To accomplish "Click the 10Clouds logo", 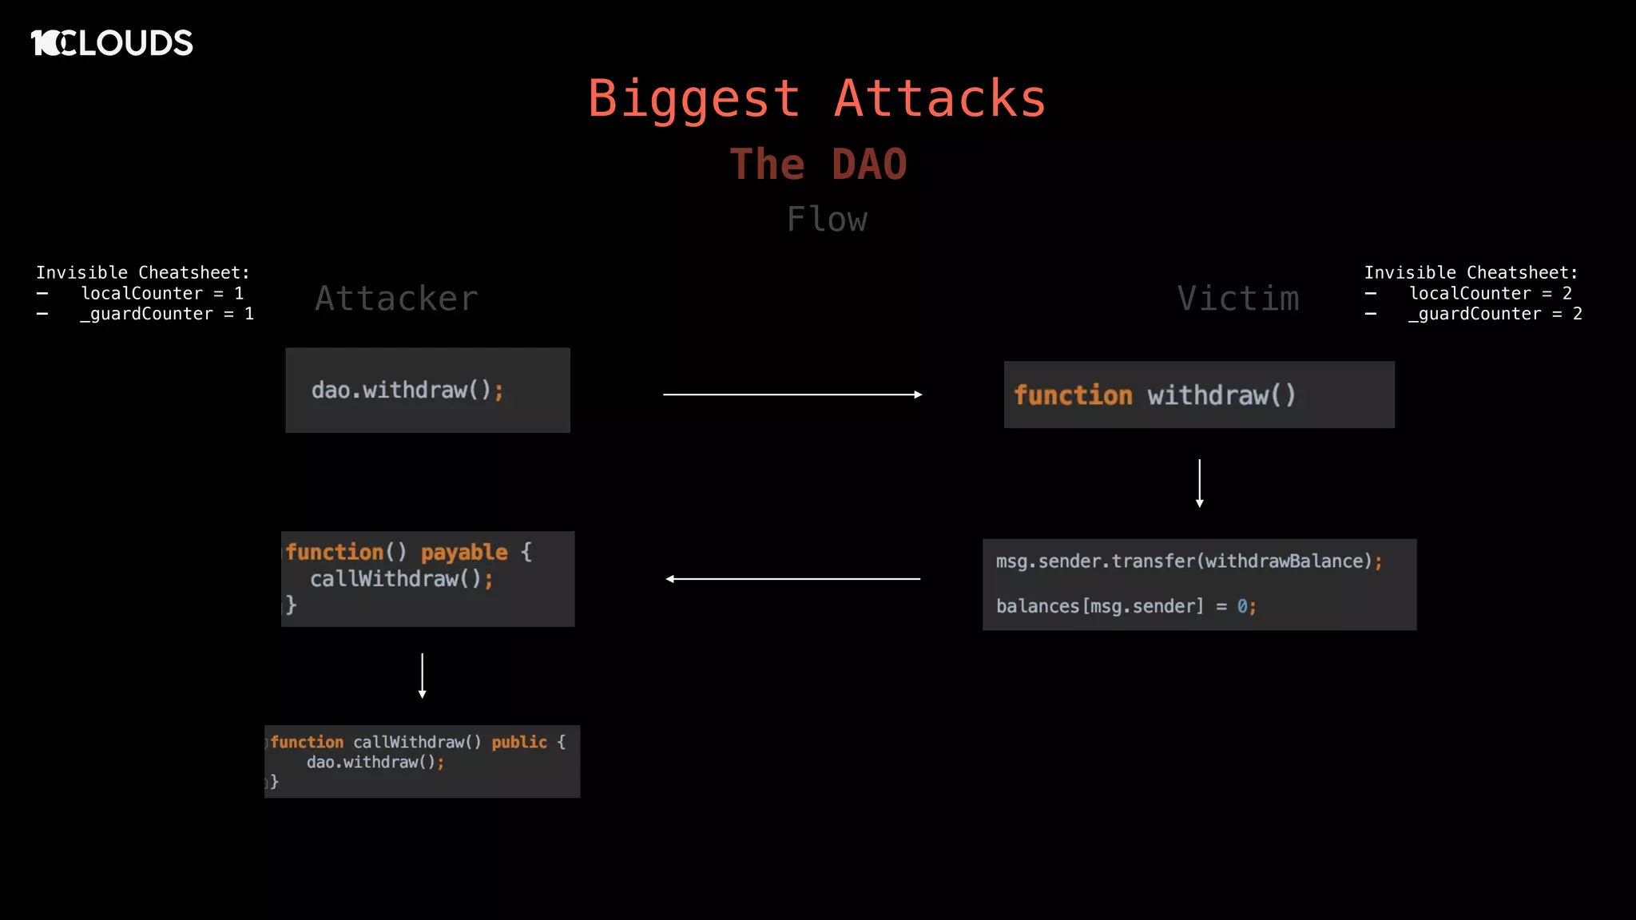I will pos(112,43).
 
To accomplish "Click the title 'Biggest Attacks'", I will pos(816,99).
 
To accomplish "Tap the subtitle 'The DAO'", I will pos(818,165).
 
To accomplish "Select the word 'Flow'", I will pos(827,220).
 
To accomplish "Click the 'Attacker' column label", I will pos(396,299).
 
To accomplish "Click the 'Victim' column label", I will pos(1237,299).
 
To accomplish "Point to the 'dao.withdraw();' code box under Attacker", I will pos(427,391).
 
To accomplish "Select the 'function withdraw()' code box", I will pos(1198,395).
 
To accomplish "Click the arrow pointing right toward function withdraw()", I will pos(792,395).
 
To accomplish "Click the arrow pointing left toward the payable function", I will pos(792,579).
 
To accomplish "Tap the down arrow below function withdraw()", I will pos(1199,483).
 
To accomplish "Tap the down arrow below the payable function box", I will pos(423,676).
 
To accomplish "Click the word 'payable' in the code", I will pos(464,553).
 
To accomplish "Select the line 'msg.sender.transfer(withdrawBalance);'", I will pos(1189,561).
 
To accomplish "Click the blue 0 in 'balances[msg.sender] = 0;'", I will pos(1242,607).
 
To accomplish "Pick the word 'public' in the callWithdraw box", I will pos(519,743).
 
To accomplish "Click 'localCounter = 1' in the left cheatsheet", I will pos(162,294).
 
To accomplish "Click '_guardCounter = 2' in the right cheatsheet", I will pos(1495,315).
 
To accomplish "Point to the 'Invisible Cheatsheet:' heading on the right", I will pos(1471,273).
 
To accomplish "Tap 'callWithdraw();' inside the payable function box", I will pos(401,579).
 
